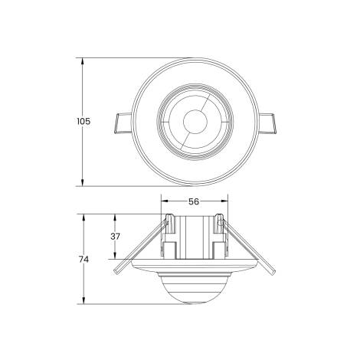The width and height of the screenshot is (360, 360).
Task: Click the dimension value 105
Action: point(83,121)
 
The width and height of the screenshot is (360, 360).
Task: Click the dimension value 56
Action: point(194,201)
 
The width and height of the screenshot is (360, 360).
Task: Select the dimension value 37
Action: point(115,237)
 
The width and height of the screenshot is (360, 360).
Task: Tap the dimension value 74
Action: point(83,260)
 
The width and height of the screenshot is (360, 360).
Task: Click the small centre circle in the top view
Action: point(195,122)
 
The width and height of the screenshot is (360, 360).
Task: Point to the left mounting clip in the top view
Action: point(123,123)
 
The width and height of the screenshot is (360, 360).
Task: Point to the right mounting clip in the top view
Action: point(267,123)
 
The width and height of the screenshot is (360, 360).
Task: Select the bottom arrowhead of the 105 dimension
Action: point(82,182)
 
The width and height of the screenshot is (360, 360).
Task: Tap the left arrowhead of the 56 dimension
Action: point(165,201)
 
